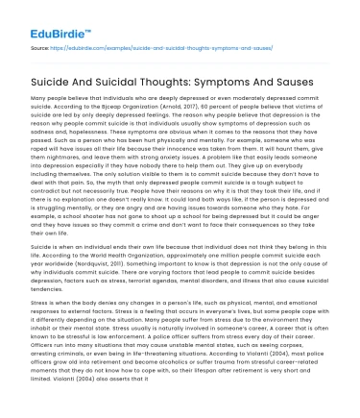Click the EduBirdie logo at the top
click(x=43, y=18)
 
